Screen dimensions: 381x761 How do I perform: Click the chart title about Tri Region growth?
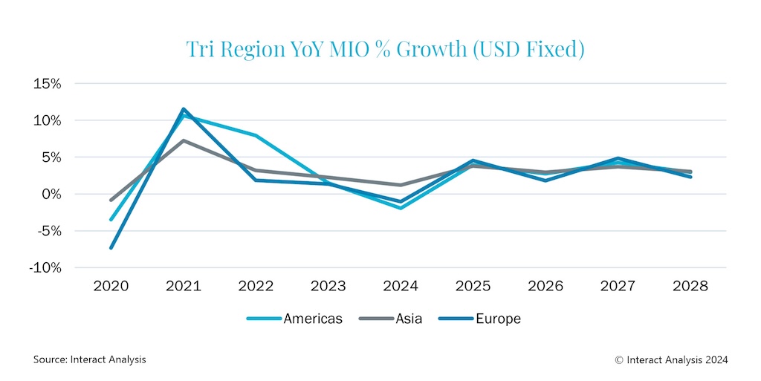(384, 50)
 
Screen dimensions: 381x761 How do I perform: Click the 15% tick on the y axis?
(46, 84)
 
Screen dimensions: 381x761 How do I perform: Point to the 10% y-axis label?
(46, 120)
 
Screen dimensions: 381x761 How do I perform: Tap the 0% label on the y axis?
(50, 194)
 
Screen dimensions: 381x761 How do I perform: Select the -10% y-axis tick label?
(45, 268)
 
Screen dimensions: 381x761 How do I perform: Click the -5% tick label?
(46, 231)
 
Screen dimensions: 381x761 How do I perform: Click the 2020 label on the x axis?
(111, 286)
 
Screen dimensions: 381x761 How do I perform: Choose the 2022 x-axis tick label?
(256, 286)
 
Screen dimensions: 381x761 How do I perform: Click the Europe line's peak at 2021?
(183, 109)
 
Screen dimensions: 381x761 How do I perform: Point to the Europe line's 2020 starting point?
(111, 248)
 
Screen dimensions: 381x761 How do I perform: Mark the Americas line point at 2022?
(256, 135)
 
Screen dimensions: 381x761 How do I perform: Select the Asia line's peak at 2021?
(183, 140)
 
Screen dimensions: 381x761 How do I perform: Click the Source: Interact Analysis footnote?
(89, 359)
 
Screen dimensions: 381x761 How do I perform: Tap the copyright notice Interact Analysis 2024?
(671, 359)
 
